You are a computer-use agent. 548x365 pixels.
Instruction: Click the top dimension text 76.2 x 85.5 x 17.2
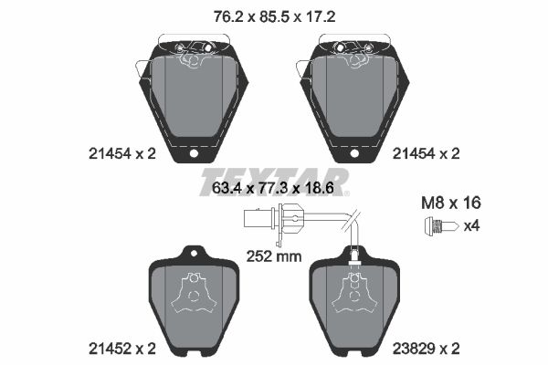tap(274, 15)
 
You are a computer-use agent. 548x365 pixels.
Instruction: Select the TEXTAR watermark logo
tap(274, 176)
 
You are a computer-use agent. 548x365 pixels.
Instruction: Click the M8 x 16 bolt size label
tap(450, 203)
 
